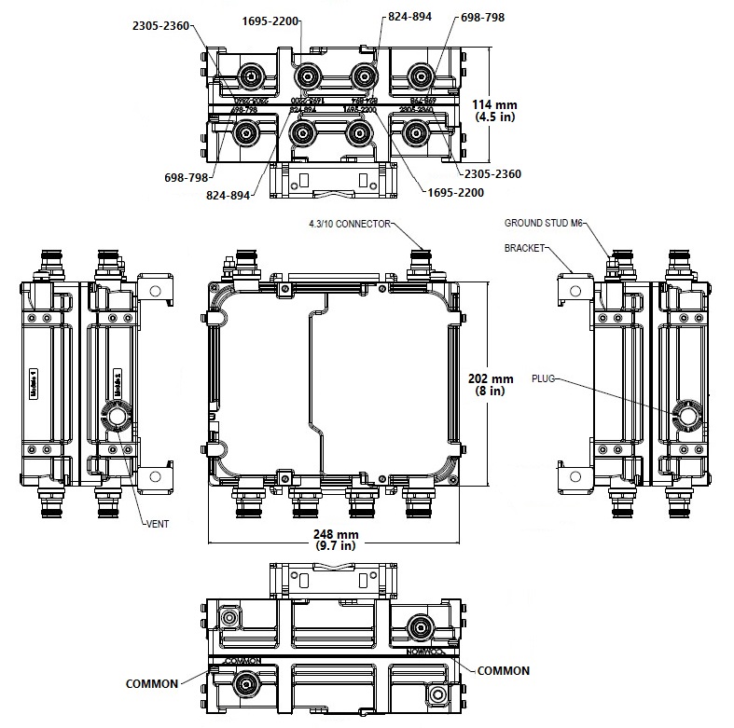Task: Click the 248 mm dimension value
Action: pos(336,533)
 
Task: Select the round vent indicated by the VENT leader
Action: pos(116,416)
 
